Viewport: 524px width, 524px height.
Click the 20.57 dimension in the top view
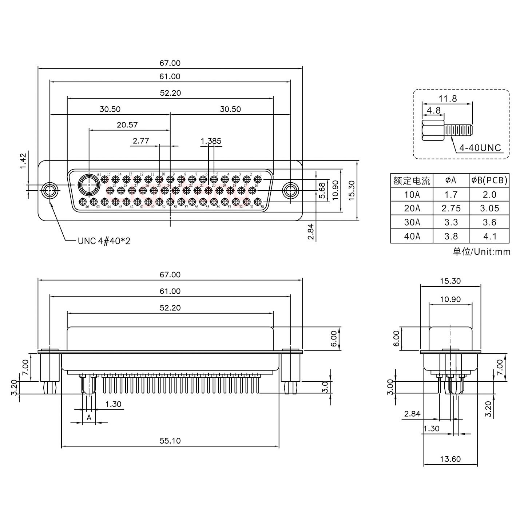(127, 125)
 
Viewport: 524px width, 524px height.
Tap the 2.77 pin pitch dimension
(141, 141)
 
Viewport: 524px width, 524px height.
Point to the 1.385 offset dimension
(211, 141)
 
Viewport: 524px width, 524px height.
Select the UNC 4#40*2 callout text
(104, 241)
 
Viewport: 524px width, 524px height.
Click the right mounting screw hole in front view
(290, 191)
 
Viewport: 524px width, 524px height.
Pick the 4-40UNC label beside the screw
(480, 148)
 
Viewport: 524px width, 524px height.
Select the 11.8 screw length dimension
(447, 99)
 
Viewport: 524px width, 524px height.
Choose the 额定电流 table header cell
(412, 180)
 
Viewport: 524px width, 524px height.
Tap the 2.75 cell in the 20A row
(451, 209)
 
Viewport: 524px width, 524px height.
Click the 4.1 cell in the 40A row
(489, 237)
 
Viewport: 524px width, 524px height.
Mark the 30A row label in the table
(412, 222)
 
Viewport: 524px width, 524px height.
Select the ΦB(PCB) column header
(489, 180)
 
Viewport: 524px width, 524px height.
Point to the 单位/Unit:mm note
(481, 251)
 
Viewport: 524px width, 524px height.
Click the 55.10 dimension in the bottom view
(170, 441)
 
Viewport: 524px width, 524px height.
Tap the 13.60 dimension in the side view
(450, 459)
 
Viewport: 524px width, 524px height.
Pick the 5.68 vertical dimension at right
(322, 190)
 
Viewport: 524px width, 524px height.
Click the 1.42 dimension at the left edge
(23, 161)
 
